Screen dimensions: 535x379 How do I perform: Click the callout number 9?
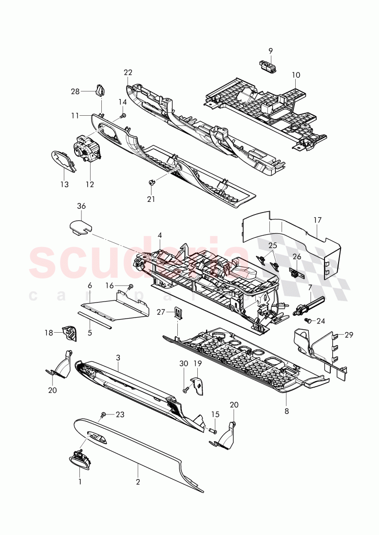270,50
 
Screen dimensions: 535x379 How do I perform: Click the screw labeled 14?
123,116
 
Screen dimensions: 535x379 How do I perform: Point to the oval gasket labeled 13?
64,161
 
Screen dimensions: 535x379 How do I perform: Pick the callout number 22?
128,72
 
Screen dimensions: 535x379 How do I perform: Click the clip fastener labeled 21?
152,182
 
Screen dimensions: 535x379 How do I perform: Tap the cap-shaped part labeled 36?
81,225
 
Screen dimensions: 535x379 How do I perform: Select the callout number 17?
317,220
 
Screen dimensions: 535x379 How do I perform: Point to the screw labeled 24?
307,321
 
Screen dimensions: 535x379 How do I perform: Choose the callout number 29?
349,335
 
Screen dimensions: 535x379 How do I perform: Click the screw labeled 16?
131,287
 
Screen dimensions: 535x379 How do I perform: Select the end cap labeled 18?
70,333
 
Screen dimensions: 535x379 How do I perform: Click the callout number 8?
286,411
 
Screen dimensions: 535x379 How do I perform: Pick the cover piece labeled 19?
200,386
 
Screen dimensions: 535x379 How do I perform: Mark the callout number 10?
296,75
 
